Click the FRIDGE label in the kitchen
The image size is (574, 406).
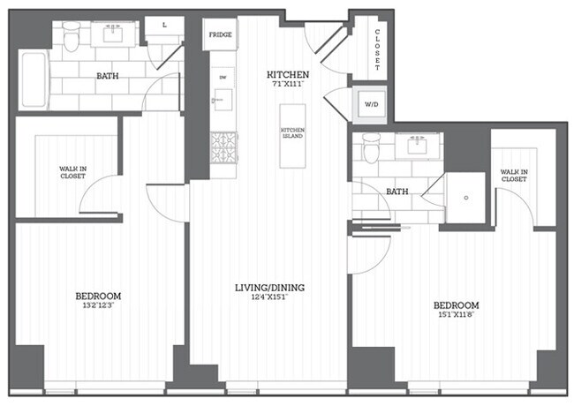pyautogui.click(x=220, y=35)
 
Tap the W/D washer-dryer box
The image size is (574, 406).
pyautogui.click(x=368, y=106)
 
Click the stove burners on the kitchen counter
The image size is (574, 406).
pyautogui.click(x=222, y=147)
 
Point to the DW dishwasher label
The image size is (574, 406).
pyautogui.click(x=221, y=78)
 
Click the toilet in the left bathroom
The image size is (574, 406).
pyautogui.click(x=72, y=37)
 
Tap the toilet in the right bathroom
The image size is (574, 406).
pyautogui.click(x=372, y=149)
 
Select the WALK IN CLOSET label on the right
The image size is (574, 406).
pyautogui.click(x=514, y=176)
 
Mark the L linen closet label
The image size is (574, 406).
pyautogui.click(x=165, y=26)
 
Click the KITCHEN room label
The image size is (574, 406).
pyautogui.click(x=288, y=75)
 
